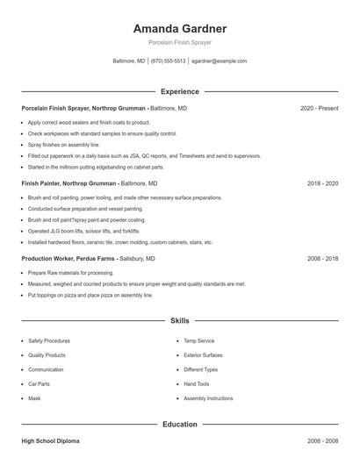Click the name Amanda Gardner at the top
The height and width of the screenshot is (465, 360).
pyautogui.click(x=179, y=28)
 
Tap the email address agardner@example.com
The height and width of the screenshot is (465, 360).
pyautogui.click(x=219, y=61)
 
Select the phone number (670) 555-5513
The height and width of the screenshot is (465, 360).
pyautogui.click(x=168, y=61)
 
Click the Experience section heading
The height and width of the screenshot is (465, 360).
pyautogui.click(x=180, y=91)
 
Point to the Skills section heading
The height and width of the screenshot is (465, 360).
pyautogui.click(x=180, y=321)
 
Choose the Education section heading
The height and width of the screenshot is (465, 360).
pyautogui.click(x=180, y=425)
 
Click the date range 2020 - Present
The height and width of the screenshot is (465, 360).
pyautogui.click(x=319, y=108)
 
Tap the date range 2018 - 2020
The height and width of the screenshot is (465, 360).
pyautogui.click(x=322, y=184)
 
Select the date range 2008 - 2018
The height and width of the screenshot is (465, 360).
pyautogui.click(x=322, y=260)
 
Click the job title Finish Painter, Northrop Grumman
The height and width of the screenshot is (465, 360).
pyautogui.click(x=69, y=184)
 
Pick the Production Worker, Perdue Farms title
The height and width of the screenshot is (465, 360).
pyautogui.click(x=68, y=260)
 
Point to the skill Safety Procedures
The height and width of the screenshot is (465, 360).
pyautogui.click(x=48, y=340)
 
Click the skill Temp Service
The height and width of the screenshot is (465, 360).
pyautogui.click(x=198, y=340)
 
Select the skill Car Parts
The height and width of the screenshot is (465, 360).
pyautogui.click(x=40, y=384)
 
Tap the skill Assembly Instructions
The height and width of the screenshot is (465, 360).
pyautogui.click(x=208, y=398)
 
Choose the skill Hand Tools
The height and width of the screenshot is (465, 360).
pyautogui.click(x=196, y=384)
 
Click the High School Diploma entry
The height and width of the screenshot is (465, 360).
pyautogui.click(x=50, y=441)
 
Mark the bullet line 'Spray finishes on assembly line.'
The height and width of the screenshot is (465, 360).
pyautogui.click(x=63, y=144)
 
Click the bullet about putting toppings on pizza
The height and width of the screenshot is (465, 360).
pyautogui.click(x=90, y=296)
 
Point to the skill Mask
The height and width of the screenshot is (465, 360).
pyautogui.click(x=34, y=398)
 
